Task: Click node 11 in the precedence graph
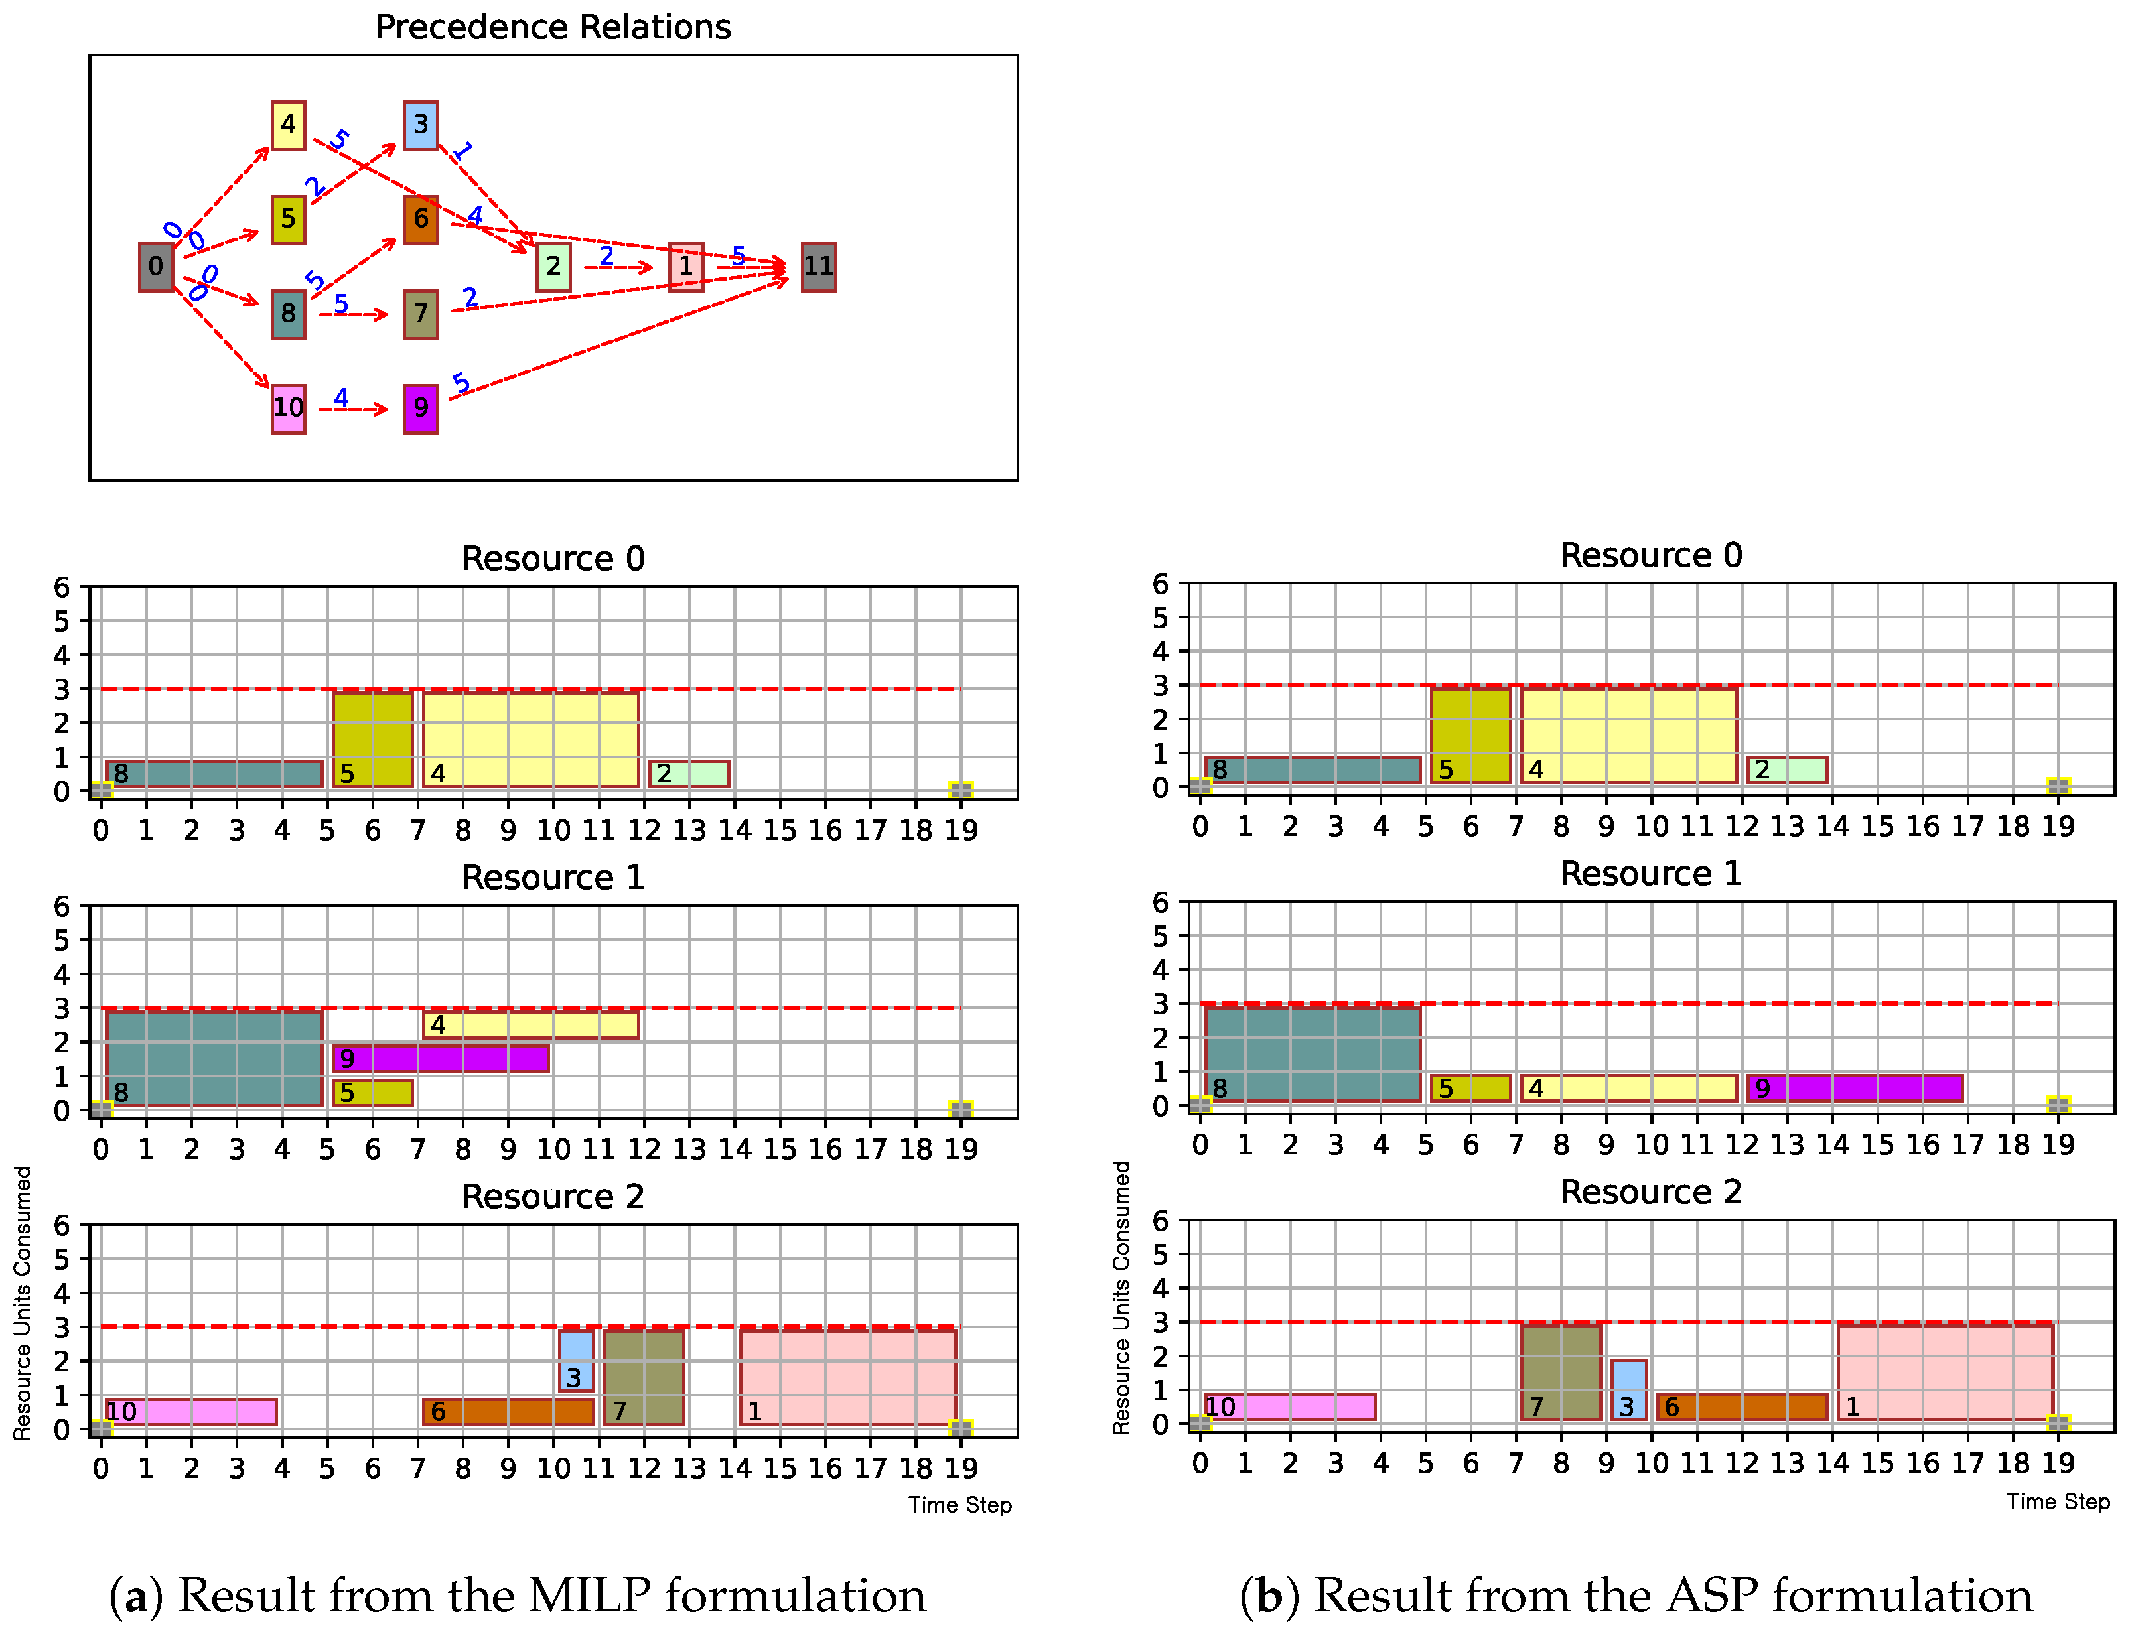818,267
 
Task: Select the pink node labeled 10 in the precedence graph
288,409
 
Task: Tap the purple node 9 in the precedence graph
420,409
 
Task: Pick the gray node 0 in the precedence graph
156,267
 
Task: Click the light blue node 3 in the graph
420,125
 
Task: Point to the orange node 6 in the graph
420,220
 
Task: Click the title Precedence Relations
553,27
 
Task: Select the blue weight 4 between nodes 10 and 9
340,397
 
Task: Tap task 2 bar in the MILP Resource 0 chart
689,774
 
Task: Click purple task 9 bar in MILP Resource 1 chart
441,1058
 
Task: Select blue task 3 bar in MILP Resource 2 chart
576,1360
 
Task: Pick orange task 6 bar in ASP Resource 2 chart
1742,1406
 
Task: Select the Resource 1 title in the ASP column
1650,874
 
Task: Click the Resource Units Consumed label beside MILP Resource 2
21,1304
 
